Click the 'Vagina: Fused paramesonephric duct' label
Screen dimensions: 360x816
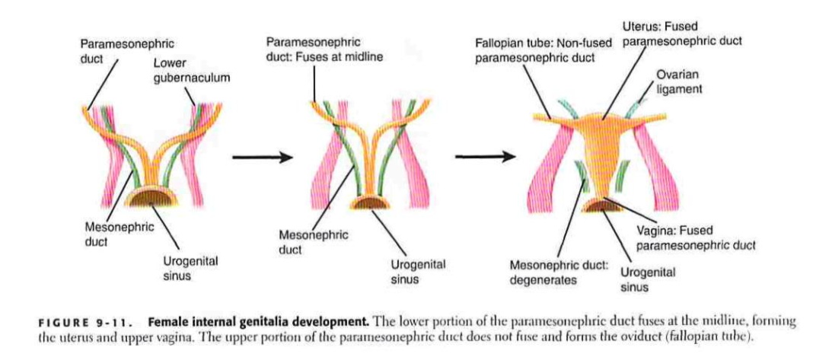[695, 237]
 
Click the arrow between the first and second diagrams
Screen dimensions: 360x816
[262, 158]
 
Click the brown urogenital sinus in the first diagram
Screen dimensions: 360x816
[148, 199]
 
